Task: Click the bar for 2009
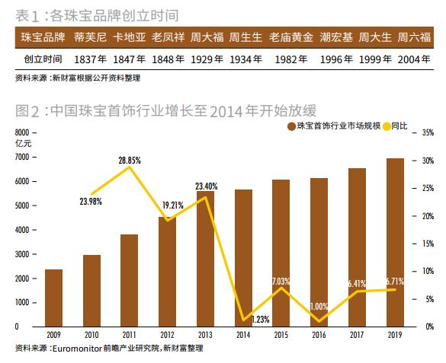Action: [53, 298]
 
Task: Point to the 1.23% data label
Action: [261, 320]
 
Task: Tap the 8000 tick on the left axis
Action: [23, 132]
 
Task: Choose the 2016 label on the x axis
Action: [319, 334]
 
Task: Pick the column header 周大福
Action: [206, 37]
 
